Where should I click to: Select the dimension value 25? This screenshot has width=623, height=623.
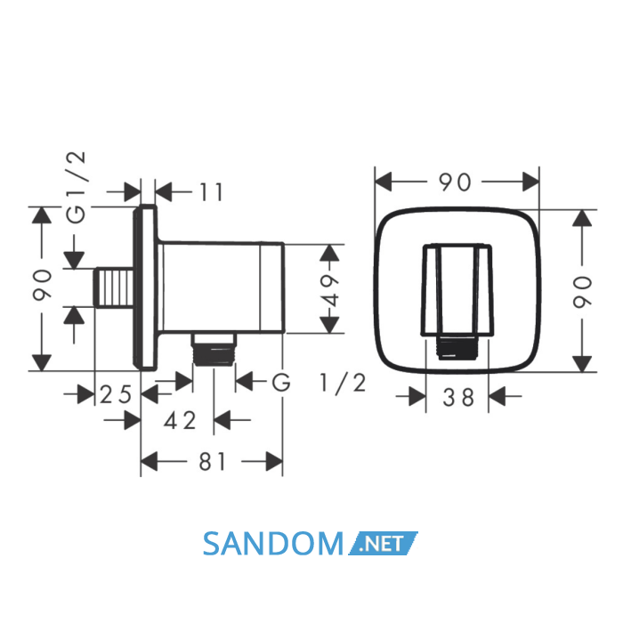click(x=115, y=395)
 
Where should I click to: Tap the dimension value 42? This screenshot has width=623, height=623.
click(x=181, y=420)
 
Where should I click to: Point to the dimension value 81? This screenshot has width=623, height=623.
click(x=213, y=461)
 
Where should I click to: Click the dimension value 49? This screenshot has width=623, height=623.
click(x=330, y=290)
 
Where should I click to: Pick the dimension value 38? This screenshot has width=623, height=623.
click(x=458, y=397)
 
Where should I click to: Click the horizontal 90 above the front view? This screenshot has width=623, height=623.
click(x=455, y=182)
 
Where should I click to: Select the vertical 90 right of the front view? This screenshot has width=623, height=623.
click(x=582, y=292)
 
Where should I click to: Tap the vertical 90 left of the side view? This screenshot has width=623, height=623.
click(x=42, y=285)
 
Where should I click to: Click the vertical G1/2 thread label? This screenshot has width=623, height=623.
click(x=76, y=187)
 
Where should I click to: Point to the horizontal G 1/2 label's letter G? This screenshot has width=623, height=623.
click(x=281, y=383)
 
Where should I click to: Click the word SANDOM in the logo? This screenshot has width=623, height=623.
click(x=273, y=544)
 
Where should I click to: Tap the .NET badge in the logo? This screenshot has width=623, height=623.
click(x=383, y=543)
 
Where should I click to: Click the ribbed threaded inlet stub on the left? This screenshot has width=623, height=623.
click(x=113, y=287)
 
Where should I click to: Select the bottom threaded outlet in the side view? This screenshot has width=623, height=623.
click(x=214, y=349)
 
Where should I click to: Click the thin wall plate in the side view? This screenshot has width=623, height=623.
click(x=145, y=287)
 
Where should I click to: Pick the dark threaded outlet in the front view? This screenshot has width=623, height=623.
click(x=457, y=348)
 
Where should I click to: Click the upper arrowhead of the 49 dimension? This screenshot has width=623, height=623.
click(x=329, y=252)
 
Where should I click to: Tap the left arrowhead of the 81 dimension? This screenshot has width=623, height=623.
click(x=150, y=461)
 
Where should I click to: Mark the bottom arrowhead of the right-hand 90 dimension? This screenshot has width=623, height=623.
click(x=582, y=364)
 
